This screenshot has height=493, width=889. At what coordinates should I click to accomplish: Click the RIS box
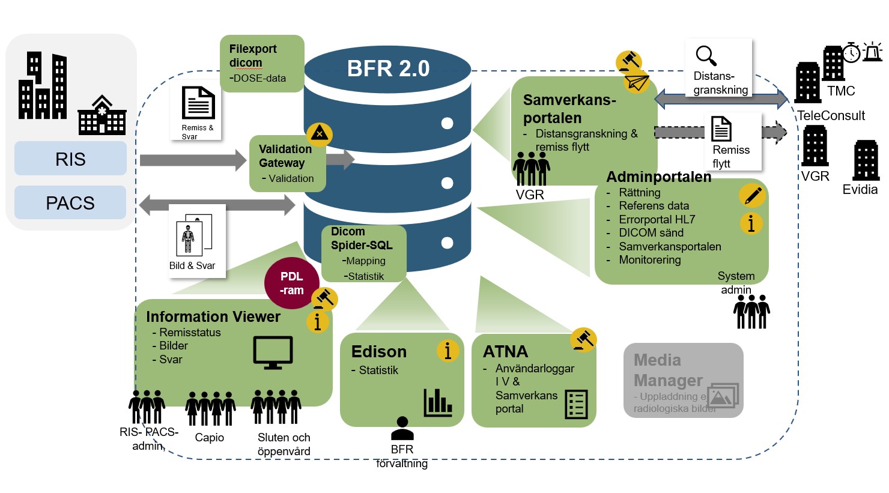click(x=70, y=159)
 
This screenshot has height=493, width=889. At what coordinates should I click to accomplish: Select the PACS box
click(x=70, y=203)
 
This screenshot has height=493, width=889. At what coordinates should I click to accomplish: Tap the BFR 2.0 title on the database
click(x=388, y=68)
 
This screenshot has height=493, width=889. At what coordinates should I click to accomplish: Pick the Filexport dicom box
click(x=262, y=63)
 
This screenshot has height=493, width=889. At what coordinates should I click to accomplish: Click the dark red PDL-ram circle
click(x=292, y=283)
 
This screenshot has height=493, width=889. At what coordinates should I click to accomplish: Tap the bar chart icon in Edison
click(x=437, y=402)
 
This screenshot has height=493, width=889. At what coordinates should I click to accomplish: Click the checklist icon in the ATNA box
click(x=576, y=404)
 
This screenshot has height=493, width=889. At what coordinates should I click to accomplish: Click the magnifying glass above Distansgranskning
click(x=706, y=56)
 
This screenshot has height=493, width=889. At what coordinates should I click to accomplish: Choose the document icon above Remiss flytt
click(x=721, y=129)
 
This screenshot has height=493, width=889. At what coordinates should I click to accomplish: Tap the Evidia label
click(x=860, y=190)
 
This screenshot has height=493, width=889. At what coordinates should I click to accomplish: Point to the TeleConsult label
click(x=831, y=115)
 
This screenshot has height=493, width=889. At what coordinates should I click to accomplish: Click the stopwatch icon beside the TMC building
click(x=851, y=53)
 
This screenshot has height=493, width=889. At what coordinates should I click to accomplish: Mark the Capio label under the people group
click(x=209, y=438)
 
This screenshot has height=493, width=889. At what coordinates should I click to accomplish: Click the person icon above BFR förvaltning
click(x=402, y=429)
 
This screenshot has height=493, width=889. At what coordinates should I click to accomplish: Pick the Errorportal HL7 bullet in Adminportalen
click(x=657, y=219)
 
